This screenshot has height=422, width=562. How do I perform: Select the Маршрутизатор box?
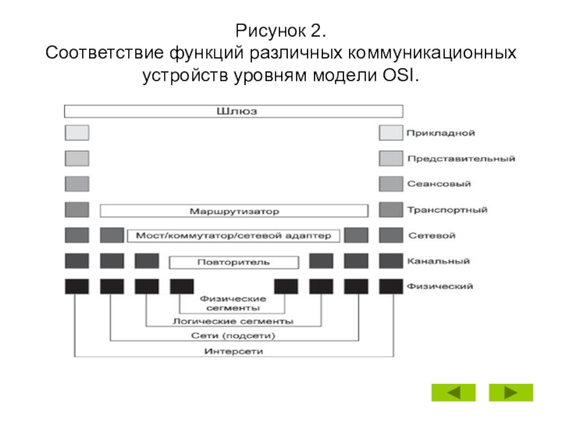[x=234, y=211]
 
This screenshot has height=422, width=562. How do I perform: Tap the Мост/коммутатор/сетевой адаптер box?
[x=233, y=236]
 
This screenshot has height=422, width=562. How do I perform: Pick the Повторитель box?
[x=234, y=262]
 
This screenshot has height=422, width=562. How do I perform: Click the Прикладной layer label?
[x=440, y=133]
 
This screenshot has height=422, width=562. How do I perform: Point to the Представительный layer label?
[x=462, y=159]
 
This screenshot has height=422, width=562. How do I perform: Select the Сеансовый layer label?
[x=438, y=184]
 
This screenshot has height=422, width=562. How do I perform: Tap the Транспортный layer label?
[x=447, y=210]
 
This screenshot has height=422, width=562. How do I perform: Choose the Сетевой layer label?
[x=432, y=236]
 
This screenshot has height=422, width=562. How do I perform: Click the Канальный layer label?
[x=438, y=261]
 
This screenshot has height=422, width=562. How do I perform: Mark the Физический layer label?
[x=440, y=286]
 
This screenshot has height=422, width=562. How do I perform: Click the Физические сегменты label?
[x=233, y=303]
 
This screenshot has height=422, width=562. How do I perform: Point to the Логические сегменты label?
[x=233, y=321]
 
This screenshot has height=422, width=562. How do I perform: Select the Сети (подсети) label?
[x=233, y=336]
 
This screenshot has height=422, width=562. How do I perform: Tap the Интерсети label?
[x=233, y=351]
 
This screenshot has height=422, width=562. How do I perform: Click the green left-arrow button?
[x=453, y=392]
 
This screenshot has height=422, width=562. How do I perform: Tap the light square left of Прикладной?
[x=391, y=133]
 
